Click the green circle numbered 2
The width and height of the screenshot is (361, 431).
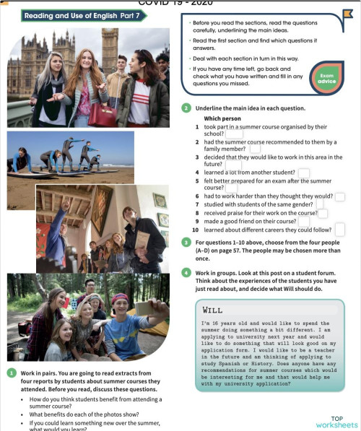187,108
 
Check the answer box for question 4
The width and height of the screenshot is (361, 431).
303,173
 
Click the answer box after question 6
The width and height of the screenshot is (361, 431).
339,196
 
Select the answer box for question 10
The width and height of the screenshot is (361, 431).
339,230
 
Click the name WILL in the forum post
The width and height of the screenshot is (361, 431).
213,308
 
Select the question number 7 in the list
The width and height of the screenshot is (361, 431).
197,204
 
